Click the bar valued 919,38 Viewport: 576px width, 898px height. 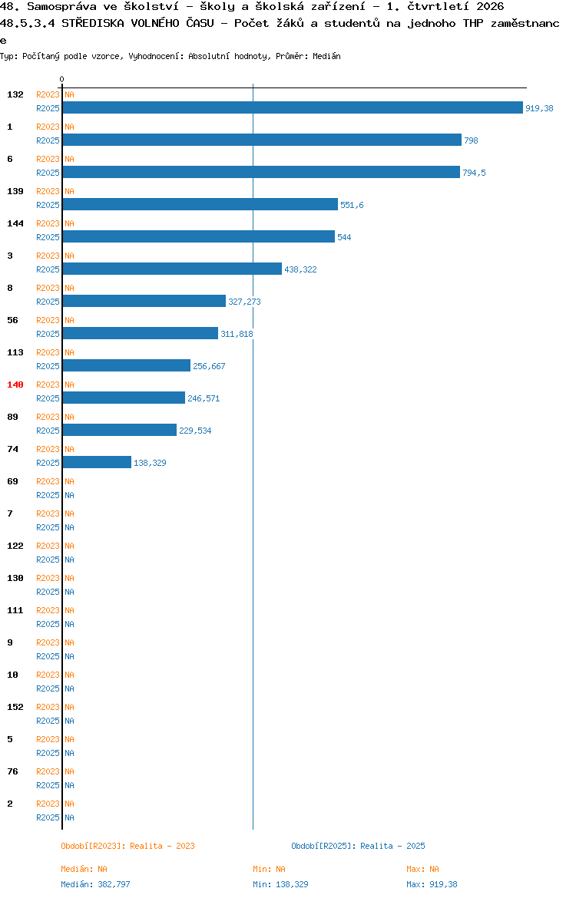[x=293, y=107]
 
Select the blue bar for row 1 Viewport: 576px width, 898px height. [x=262, y=140]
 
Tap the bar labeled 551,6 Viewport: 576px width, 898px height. [x=200, y=204]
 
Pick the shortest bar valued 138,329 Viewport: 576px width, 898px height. [x=97, y=462]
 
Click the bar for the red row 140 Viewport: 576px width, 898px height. [x=124, y=398]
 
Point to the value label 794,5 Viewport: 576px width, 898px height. [x=474, y=173]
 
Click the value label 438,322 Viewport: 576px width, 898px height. [x=300, y=269]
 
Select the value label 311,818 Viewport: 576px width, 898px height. [x=237, y=334]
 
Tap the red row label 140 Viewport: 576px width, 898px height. [x=15, y=385]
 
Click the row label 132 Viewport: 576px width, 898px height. [x=15, y=94]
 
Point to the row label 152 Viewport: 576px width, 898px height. [x=15, y=708]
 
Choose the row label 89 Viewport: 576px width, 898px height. [x=12, y=417]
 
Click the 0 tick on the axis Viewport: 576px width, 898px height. [x=62, y=80]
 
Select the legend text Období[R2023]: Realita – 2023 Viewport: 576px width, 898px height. [x=127, y=846]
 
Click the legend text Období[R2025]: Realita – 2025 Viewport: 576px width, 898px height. [x=358, y=846]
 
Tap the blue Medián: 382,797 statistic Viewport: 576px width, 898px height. [x=96, y=884]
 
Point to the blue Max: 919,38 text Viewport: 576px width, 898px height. [x=432, y=884]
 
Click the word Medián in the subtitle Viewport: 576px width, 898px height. [x=326, y=56]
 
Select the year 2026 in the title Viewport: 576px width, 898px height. [x=490, y=7]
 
